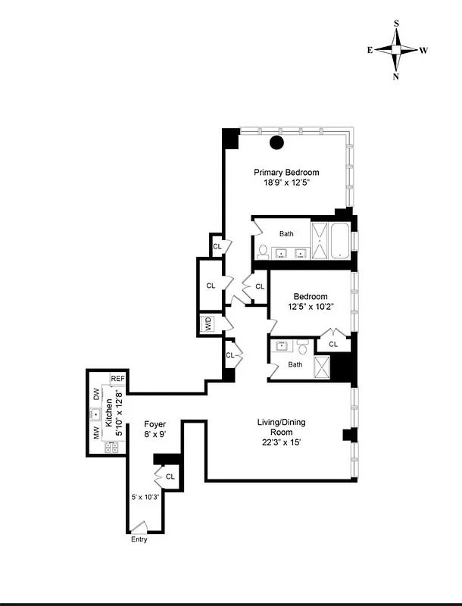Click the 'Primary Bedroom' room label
pyautogui.click(x=286, y=172)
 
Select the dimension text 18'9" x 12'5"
pyautogui.click(x=286, y=183)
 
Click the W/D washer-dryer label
pyautogui.click(x=207, y=325)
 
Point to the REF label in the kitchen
pyautogui.click(x=117, y=379)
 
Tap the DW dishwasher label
pyautogui.click(x=96, y=394)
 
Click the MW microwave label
pyautogui.click(x=96, y=433)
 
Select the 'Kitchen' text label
pyautogui.click(x=108, y=414)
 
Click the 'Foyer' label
pyautogui.click(x=155, y=424)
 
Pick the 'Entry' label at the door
pyautogui.click(x=139, y=539)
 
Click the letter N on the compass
pyautogui.click(x=396, y=77)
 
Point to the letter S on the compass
pyautogui.click(x=396, y=23)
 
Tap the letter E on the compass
pyautogui.click(x=370, y=50)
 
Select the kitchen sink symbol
pyautogui.click(x=96, y=414)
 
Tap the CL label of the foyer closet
pyautogui.click(x=170, y=476)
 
